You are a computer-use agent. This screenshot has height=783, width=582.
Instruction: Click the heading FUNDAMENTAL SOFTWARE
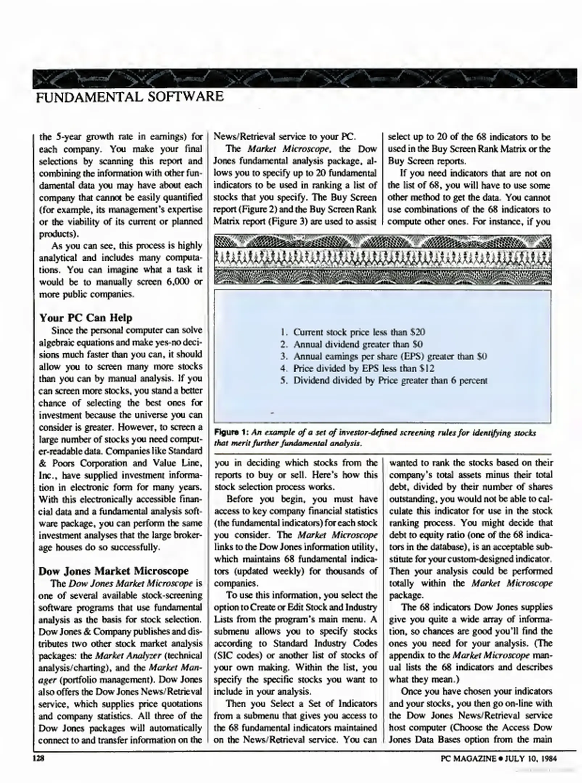pyautogui.click(x=130, y=97)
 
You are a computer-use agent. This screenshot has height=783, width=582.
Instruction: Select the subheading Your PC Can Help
pyautogui.click(x=86, y=318)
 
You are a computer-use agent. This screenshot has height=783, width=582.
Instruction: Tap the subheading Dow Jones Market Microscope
pyautogui.click(x=113, y=571)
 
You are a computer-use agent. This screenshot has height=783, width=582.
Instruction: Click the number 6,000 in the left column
pyautogui.click(x=177, y=282)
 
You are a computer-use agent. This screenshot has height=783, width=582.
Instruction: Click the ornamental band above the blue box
pyautogui.click(x=383, y=260)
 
